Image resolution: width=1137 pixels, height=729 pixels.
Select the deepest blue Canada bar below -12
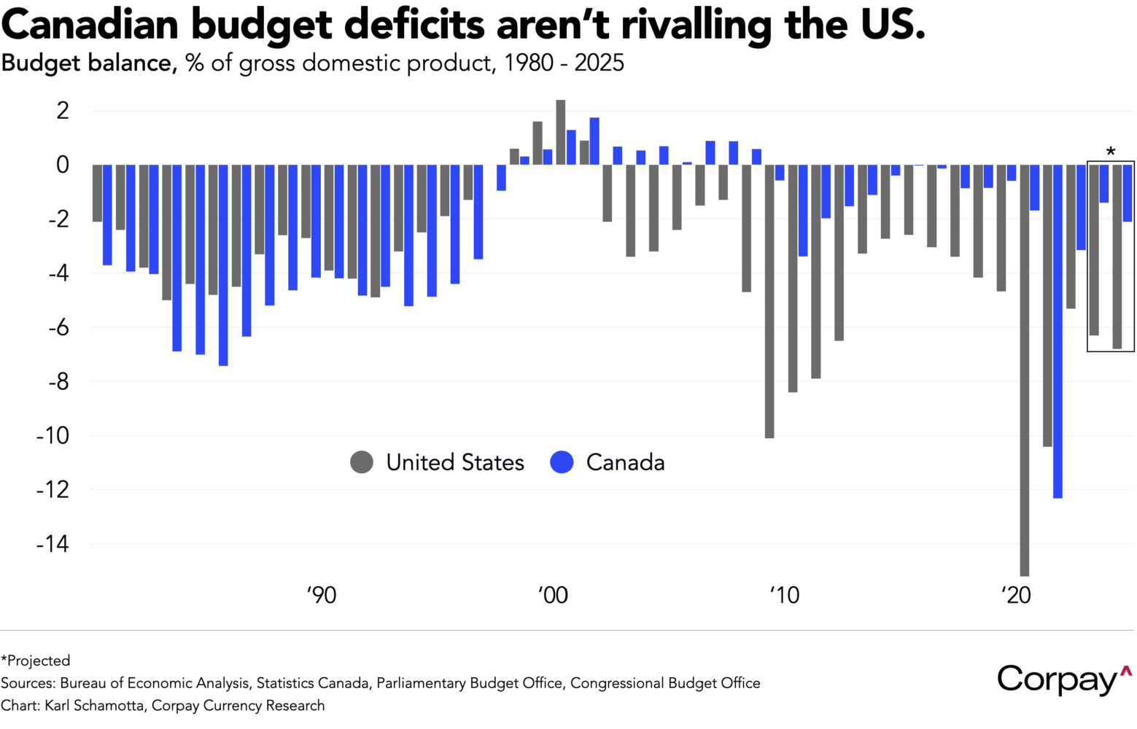pos(1058,332)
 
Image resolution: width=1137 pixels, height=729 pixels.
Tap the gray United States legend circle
pos(362,462)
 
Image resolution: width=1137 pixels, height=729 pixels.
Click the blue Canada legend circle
pos(562,462)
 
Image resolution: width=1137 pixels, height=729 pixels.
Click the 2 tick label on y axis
pos(63,111)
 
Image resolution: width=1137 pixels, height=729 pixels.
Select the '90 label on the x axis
pos(321,596)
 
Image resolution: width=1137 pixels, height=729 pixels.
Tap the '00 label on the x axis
pos(553,596)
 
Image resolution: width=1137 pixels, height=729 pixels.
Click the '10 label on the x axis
pos(785,596)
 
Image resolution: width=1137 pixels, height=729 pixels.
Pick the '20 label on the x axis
pos(1016,596)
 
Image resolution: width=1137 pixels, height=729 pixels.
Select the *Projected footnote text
pos(36,660)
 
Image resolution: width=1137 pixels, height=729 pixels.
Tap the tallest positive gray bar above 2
pos(560,132)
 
